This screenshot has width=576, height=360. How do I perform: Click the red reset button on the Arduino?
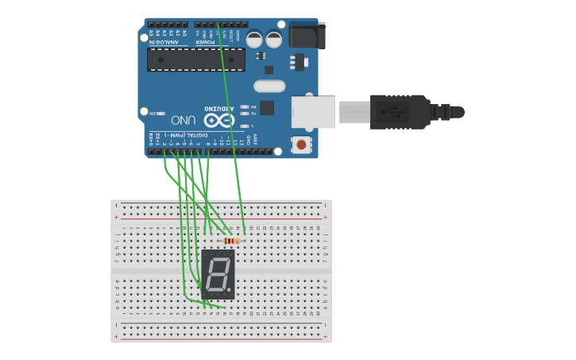point(302,145)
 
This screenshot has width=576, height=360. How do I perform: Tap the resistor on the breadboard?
point(231,241)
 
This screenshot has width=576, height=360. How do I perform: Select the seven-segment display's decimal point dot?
point(231,292)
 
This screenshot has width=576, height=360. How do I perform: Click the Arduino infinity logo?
point(219,121)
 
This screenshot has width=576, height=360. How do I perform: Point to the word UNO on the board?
point(184,120)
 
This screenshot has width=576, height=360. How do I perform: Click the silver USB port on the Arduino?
point(313,112)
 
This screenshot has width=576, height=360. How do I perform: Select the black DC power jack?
point(307,36)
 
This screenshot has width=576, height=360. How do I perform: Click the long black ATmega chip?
point(196,60)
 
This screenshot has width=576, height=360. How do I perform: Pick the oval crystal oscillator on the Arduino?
point(269,86)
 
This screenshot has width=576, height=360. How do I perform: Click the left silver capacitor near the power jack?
point(255,39)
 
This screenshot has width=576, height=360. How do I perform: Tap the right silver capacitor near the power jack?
point(274,39)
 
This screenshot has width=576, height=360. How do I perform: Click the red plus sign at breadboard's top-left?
point(117,217)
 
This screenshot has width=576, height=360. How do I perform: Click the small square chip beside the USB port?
point(267,107)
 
